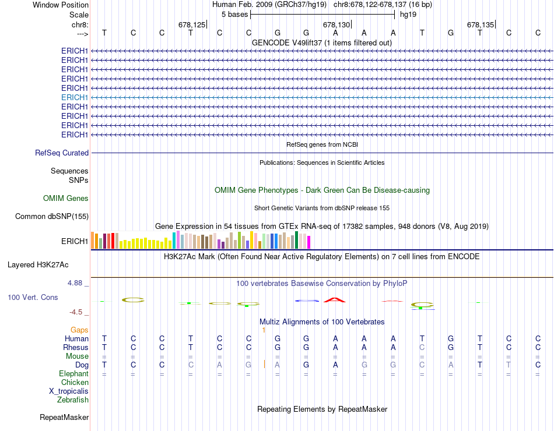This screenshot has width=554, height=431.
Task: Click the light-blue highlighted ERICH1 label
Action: pos(75,97)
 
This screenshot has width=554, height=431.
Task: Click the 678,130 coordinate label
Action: pos(336,24)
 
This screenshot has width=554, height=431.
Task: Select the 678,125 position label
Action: pos(192,24)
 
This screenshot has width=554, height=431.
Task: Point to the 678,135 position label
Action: pos(481,24)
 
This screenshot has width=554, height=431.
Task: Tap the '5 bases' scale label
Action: pos(234,14)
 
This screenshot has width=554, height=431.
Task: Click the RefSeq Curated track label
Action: pos(62,153)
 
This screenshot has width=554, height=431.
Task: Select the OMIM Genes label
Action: pos(66,198)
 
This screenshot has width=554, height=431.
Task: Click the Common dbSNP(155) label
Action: pos(52,217)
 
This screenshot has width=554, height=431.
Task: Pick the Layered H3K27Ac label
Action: pos(38,264)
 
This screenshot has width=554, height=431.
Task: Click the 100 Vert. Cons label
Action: pos(33,297)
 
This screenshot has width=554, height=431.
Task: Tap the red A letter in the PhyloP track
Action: pos(335,300)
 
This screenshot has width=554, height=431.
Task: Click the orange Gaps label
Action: pos(79,330)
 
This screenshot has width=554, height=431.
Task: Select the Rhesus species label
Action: pos(76,347)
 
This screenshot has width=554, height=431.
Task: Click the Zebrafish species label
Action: pos(73,400)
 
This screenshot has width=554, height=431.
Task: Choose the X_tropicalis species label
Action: pos(69,391)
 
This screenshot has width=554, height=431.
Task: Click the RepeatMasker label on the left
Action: pos(64,418)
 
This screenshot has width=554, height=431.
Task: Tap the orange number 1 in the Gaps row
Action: pos(264,330)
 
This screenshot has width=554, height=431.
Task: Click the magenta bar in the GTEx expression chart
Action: pos(308,242)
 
